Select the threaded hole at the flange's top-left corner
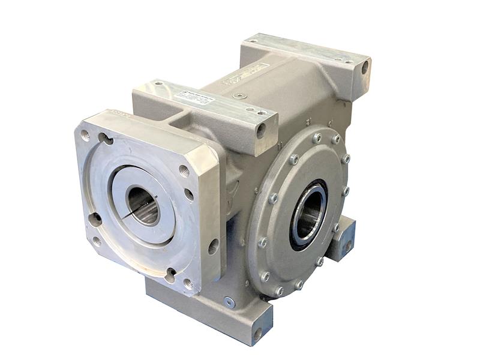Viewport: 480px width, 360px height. pyautogui.click(x=85, y=135)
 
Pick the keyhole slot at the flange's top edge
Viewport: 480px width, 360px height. pyautogui.click(x=106, y=140)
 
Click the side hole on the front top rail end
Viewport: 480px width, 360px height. pyautogui.click(x=261, y=130)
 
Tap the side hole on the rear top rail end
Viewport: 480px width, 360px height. pyautogui.click(x=365, y=68)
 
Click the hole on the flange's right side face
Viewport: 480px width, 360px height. pyautogui.click(x=213, y=246)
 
